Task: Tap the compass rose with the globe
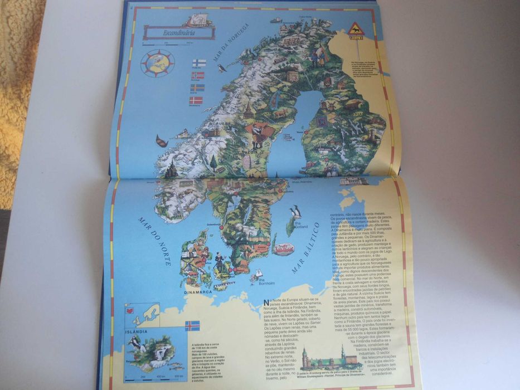(157, 62)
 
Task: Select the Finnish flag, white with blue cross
(198, 64)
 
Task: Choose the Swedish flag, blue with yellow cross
(197, 88)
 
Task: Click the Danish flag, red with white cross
(196, 101)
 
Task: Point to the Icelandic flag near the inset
(192, 325)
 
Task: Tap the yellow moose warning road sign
(355, 30)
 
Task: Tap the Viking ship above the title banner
(194, 20)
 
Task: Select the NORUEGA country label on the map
(220, 123)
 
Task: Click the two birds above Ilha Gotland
(295, 211)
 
